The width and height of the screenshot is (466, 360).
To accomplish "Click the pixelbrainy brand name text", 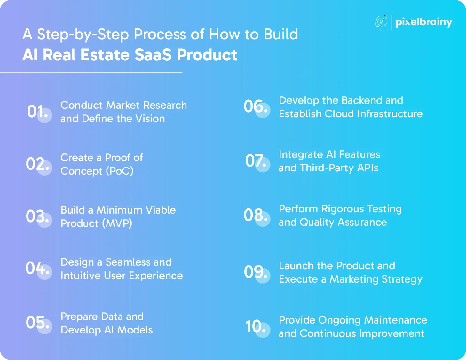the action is [x=424, y=22].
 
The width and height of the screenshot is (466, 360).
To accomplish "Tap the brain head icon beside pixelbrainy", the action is [x=381, y=22].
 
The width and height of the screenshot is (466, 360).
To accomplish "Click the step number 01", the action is [x=37, y=112].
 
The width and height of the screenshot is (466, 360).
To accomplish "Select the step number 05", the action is [x=37, y=322].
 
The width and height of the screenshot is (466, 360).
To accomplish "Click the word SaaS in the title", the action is [x=153, y=55].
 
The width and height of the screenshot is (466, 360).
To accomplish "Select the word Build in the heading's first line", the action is [x=281, y=34].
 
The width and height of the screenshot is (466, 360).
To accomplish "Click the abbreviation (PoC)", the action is [x=120, y=171].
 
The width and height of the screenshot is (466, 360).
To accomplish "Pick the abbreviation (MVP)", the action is [x=117, y=223].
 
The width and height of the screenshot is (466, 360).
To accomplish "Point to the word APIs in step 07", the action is [x=367, y=168].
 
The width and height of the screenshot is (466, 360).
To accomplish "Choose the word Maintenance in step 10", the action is [x=396, y=320].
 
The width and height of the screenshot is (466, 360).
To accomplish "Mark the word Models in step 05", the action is [x=135, y=330].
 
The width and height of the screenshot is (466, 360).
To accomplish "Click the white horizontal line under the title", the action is [x=91, y=73].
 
